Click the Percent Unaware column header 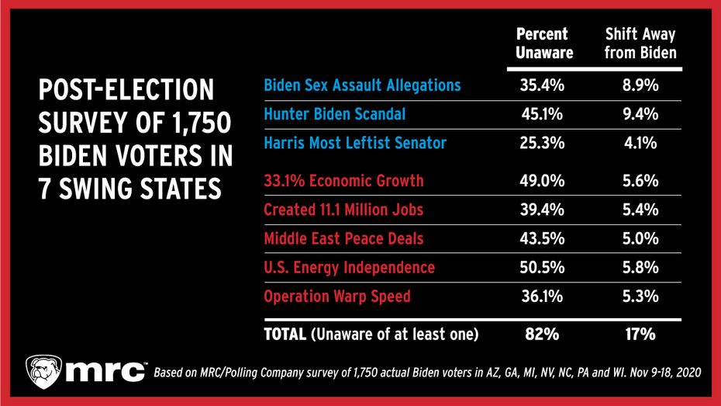click(x=544, y=44)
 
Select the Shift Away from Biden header click(x=640, y=44)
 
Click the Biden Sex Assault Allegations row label click(x=362, y=85)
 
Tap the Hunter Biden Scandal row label click(x=334, y=114)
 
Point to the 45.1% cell click(x=542, y=114)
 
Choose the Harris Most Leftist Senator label click(x=355, y=144)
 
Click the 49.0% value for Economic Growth click(x=542, y=181)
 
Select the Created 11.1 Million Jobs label click(x=343, y=210)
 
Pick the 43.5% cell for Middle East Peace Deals click(x=542, y=239)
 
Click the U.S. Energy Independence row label click(x=349, y=268)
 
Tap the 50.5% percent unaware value click(x=542, y=268)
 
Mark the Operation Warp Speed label click(x=337, y=297)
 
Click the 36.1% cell click(x=542, y=297)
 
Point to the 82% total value click(x=542, y=335)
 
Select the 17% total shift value click(x=640, y=335)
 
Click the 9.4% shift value click(x=640, y=114)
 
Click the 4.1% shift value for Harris click(x=640, y=144)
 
